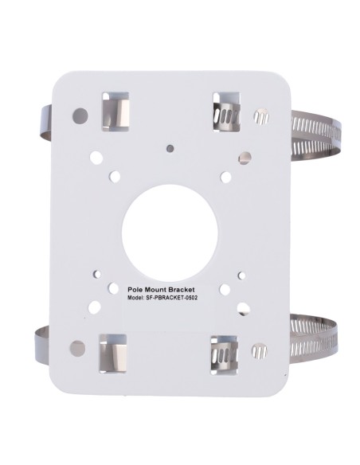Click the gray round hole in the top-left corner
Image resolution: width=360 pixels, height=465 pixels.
(78, 115)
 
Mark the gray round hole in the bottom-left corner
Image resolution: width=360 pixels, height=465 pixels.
(76, 347)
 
